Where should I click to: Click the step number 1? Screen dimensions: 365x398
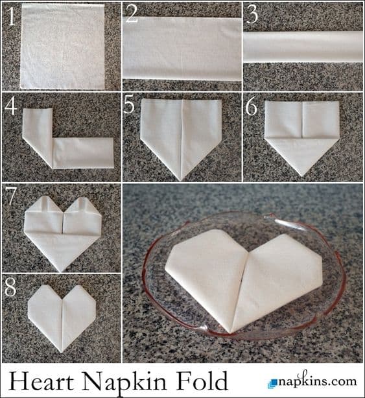11,16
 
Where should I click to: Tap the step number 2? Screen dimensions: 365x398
132,14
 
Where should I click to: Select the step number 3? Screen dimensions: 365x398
252,15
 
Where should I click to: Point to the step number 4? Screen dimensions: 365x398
10,106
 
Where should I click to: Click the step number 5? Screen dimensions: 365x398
129,105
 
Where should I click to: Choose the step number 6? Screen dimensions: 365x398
252,106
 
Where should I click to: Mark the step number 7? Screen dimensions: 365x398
10,196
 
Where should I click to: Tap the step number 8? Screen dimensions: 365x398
10,287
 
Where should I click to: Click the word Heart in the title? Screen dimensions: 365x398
41,380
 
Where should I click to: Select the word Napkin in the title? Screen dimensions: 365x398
125,382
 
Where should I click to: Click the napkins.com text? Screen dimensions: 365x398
317,380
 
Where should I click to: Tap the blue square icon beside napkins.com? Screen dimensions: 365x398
273,383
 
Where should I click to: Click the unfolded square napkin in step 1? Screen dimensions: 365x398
62,47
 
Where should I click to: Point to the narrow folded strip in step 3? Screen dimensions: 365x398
303,47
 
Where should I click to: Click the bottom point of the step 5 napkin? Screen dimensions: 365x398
180,180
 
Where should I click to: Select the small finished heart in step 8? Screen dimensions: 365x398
62,318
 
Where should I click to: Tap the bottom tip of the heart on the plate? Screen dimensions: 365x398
230,333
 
